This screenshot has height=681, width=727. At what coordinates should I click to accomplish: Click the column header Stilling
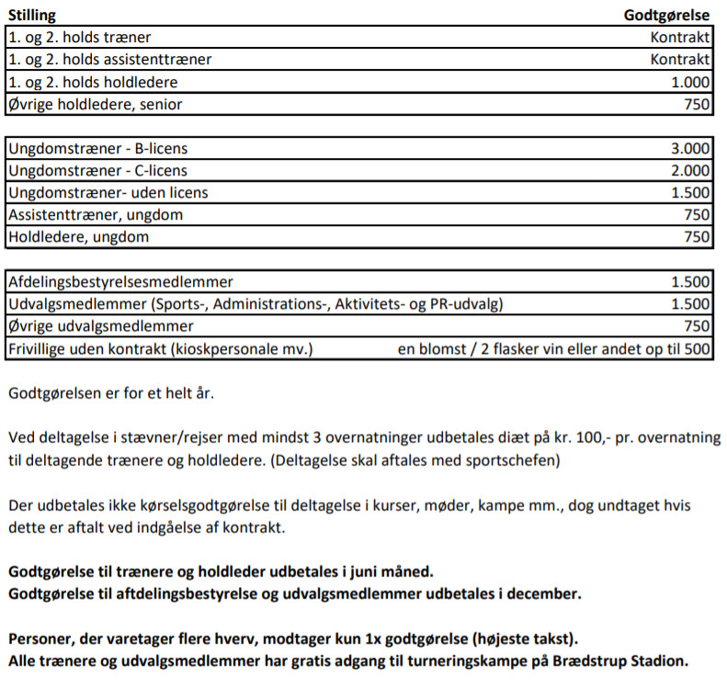click(31, 16)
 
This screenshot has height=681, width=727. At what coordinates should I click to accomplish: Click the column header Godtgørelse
click(666, 16)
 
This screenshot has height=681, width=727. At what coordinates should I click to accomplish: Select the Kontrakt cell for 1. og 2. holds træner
click(679, 38)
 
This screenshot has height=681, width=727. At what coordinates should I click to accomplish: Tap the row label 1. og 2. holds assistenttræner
click(109, 60)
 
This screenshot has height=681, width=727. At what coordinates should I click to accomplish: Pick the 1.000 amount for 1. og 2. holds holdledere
click(690, 82)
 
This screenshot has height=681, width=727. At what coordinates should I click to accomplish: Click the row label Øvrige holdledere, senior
click(95, 104)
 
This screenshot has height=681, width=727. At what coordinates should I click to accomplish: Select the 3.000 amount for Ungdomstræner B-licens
click(690, 149)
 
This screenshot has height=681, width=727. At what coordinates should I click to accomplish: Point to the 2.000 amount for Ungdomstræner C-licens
click(690, 171)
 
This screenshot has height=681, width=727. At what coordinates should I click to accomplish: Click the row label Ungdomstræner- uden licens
click(108, 193)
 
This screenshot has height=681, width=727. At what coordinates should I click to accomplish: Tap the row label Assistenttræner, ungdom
click(96, 215)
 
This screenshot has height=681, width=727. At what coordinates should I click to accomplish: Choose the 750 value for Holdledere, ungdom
click(698, 237)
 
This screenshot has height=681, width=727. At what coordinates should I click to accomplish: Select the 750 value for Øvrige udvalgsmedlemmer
click(698, 326)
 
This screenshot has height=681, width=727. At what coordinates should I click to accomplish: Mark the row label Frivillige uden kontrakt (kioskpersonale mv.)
click(161, 348)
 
